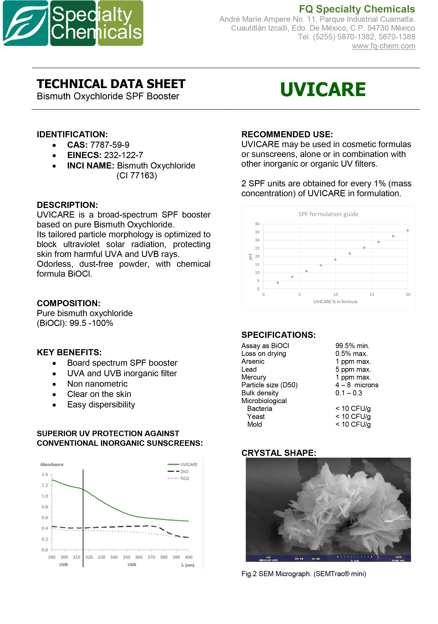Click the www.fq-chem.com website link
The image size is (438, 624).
click(x=383, y=46)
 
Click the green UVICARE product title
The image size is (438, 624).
click(x=323, y=89)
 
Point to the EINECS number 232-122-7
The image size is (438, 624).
click(x=123, y=155)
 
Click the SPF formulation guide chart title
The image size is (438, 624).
click(x=328, y=214)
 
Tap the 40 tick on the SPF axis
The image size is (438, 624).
click(x=257, y=224)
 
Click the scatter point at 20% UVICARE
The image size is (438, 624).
click(x=407, y=231)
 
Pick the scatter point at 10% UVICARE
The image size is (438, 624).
click(x=335, y=259)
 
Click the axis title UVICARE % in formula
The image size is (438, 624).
click(x=335, y=302)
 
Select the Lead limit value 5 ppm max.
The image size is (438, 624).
click(x=353, y=369)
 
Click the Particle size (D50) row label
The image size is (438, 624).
click(x=269, y=385)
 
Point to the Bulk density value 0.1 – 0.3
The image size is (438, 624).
click(x=348, y=393)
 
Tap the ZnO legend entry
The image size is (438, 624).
click(x=184, y=471)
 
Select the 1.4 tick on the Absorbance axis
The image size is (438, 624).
click(x=45, y=475)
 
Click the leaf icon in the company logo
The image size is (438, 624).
click(x=25, y=23)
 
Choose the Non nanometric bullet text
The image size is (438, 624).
click(x=97, y=384)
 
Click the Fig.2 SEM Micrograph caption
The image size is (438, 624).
click(x=303, y=574)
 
